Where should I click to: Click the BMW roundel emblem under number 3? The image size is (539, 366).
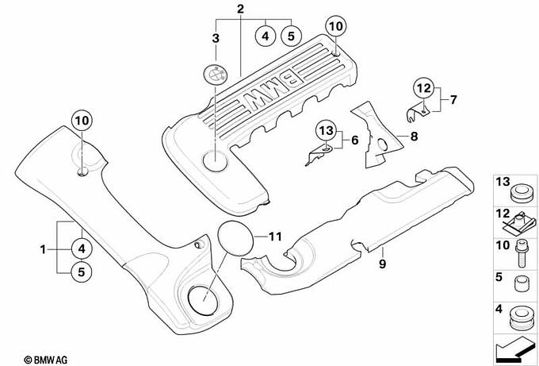pos(215,73)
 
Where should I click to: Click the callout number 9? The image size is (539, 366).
pos(382,264)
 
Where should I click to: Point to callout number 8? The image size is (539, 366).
pos(414,137)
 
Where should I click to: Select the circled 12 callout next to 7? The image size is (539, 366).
pos(424,88)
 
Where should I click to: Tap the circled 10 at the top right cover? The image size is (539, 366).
pos(336,26)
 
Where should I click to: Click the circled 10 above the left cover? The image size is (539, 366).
pos(82,121)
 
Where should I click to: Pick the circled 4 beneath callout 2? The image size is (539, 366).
pos(266,36)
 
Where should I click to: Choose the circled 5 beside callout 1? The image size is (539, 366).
pos(82,272)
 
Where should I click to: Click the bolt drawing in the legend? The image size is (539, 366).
pos(522,254)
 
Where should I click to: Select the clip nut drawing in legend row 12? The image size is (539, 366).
pos(519,223)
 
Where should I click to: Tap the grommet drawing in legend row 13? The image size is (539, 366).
pos(521,194)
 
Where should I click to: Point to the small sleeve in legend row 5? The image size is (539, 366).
pos(521,283)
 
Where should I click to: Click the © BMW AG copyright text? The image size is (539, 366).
pos(46,360)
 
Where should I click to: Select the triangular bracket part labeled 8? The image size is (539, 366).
pos(377,134)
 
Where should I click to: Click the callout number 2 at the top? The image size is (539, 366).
pos(240,9)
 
